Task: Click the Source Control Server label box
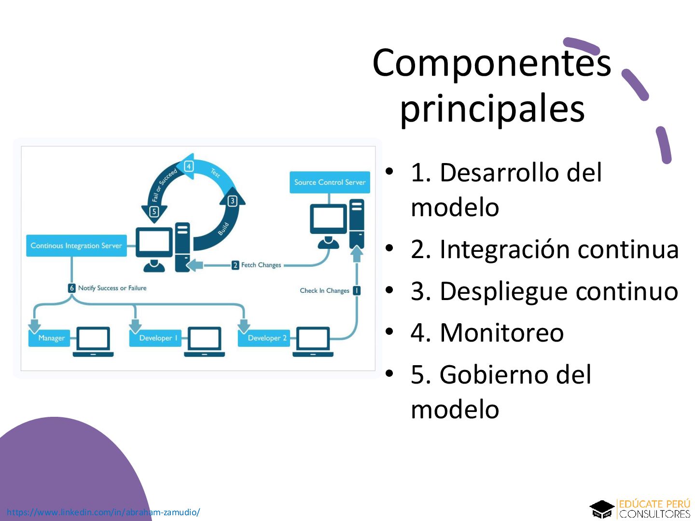point(330,182)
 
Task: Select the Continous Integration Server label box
point(76,246)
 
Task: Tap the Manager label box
point(51,338)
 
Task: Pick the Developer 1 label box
point(158,338)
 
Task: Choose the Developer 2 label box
point(267,338)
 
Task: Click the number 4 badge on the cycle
point(189,166)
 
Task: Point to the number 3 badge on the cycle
point(232,201)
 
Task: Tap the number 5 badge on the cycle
point(154,211)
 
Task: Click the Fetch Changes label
point(261,265)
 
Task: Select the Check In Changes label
point(324,290)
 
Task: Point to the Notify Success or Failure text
point(112,288)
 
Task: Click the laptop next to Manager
point(93,342)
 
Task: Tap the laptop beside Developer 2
point(313,342)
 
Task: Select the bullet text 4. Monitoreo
point(487,332)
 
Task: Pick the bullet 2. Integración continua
point(544,249)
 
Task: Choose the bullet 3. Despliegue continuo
point(544,291)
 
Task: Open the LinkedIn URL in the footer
point(103,512)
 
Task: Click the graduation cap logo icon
point(601,509)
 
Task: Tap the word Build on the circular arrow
point(223,228)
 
